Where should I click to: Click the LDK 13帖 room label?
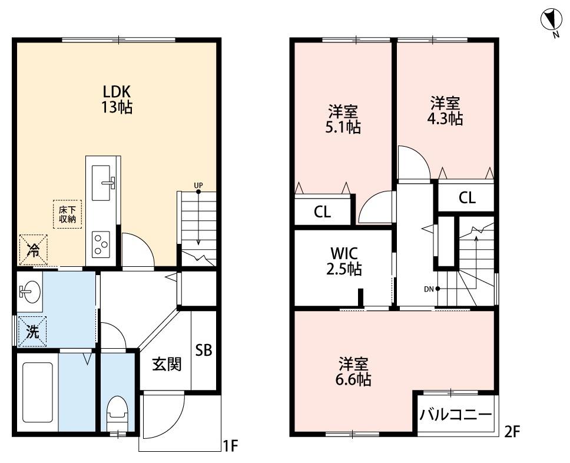coord(117,99)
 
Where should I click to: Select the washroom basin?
coord(29,290)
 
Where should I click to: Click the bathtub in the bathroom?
coord(38,392)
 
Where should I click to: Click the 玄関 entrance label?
coord(167,365)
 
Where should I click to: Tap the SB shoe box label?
coord(204,350)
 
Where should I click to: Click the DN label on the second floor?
coord(429,289)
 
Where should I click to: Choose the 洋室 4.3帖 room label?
coord(445,111)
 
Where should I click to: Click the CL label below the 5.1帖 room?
coord(322,212)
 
